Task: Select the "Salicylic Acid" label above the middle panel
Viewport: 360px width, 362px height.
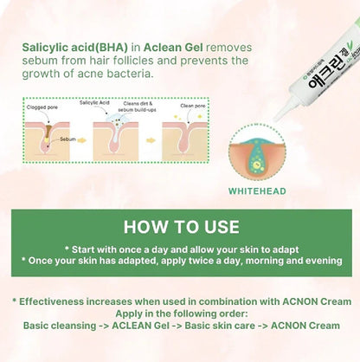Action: coord(94,103)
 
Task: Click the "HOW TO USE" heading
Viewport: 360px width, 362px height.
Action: coord(181,227)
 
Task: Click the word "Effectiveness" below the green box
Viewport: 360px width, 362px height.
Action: coord(57,301)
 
